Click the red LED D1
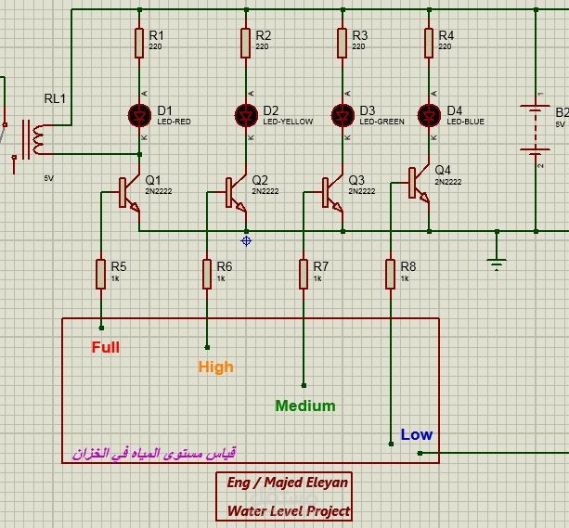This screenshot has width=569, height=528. click(139, 115)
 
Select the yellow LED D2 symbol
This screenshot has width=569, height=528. click(246, 115)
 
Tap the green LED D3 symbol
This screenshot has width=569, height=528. click(343, 115)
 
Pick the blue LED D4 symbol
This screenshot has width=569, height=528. click(429, 115)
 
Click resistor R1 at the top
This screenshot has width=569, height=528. click(139, 42)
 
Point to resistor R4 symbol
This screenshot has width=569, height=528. click(429, 42)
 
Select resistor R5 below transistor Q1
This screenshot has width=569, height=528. click(101, 274)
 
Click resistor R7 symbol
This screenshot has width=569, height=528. click(304, 274)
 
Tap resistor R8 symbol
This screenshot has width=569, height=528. click(391, 274)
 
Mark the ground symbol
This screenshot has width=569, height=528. click(497, 263)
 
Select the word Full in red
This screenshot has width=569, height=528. click(105, 348)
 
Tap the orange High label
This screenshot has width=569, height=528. click(215, 367)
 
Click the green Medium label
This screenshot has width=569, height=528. click(305, 406)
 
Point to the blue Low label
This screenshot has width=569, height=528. click(417, 434)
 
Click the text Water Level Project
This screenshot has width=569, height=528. click(289, 511)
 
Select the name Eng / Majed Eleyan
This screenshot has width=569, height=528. click(288, 483)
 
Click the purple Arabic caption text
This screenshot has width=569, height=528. click(153, 454)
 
